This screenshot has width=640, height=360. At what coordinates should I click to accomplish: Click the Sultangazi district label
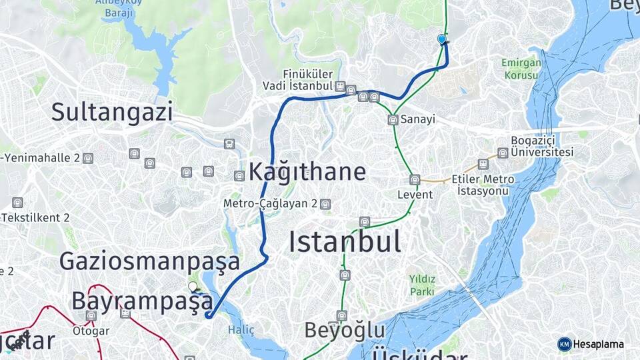112,112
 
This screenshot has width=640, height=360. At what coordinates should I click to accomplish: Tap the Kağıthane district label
307,172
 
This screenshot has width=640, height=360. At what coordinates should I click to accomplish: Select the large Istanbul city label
345,241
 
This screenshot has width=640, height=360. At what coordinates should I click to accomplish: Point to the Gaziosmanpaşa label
149,261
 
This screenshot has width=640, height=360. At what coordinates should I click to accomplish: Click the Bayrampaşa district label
142,301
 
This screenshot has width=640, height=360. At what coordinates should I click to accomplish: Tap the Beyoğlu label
345,330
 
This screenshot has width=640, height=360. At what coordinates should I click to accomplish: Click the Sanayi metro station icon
393,120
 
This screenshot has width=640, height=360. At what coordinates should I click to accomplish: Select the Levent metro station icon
415,180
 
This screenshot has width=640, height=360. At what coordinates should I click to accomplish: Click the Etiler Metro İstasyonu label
483,185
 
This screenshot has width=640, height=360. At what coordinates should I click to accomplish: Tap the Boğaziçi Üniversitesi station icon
503,153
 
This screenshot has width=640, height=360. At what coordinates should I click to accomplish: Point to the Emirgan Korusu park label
520,69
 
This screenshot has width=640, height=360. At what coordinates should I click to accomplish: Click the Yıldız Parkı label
423,285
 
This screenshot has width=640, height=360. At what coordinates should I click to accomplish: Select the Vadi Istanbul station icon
341,87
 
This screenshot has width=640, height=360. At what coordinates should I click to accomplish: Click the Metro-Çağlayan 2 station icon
325,204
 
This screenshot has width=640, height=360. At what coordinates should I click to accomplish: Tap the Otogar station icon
91,315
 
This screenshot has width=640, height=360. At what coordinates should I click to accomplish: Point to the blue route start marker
441,39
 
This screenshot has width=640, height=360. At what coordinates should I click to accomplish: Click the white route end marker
193,287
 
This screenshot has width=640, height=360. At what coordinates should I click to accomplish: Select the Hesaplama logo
591,344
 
